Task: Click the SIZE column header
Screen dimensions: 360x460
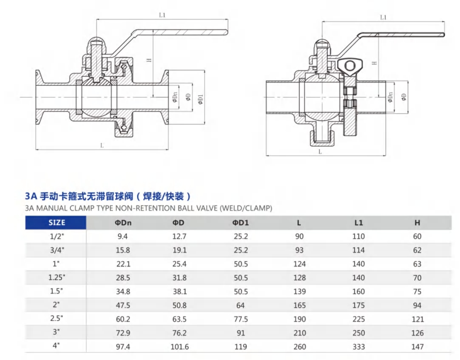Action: [57, 223]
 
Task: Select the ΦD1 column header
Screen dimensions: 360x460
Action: [241, 223]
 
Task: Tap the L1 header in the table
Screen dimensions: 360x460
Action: [358, 223]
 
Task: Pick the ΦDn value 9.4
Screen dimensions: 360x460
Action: [123, 236]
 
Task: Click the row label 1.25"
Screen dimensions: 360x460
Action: [57, 278]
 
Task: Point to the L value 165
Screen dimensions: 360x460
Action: [299, 305]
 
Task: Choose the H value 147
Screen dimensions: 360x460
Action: [417, 347]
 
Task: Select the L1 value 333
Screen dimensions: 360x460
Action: [358, 347]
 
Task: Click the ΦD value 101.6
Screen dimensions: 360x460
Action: [179, 347]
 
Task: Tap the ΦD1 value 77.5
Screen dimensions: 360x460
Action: [241, 319]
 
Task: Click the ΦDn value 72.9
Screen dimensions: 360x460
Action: [123, 333]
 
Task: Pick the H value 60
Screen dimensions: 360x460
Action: [417, 236]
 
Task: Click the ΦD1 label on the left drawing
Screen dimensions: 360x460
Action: [200, 99]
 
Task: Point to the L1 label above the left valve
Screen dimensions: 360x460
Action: [162, 15]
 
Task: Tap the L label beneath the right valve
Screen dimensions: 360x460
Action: [320, 152]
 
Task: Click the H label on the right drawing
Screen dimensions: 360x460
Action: [374, 63]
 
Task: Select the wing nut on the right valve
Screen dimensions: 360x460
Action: [349, 66]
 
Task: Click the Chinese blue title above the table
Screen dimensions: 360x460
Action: [108, 196]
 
